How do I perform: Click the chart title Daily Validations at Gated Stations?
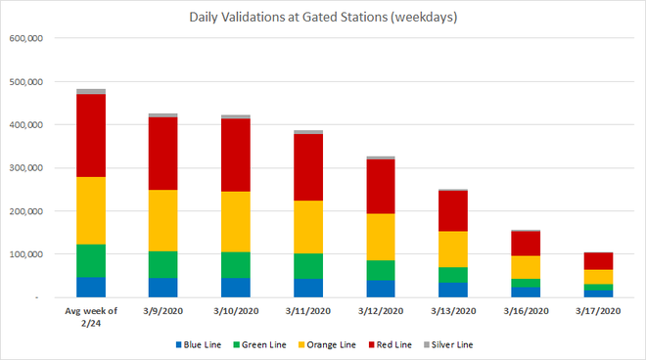[x=322, y=17]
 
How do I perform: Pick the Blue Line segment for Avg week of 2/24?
[x=91, y=287]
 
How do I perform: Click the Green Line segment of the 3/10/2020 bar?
[x=235, y=264]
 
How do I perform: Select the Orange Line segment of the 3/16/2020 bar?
[x=525, y=267]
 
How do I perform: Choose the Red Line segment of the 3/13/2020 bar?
[x=452, y=210]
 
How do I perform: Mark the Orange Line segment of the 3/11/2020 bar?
[x=307, y=227]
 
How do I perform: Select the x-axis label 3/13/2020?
[x=452, y=311]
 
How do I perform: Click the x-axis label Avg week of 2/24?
[x=91, y=317]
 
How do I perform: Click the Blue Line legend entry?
[x=205, y=345]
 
